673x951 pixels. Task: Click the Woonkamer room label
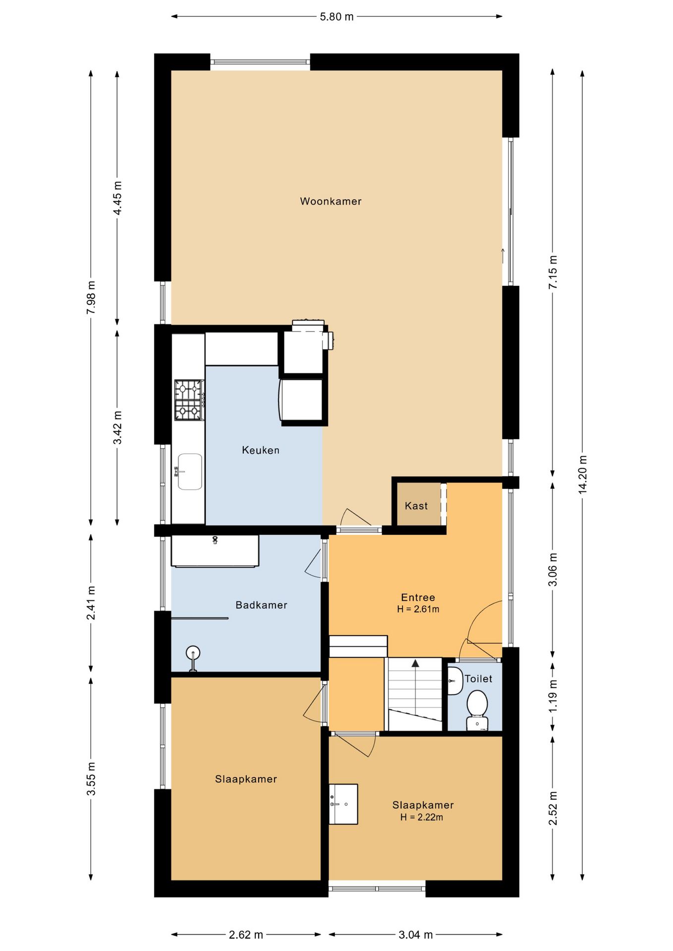tap(331, 201)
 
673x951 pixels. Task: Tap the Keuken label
tap(261, 450)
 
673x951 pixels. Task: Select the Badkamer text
tap(261, 605)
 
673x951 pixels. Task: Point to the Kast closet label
tap(416, 506)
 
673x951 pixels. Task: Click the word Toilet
tap(478, 679)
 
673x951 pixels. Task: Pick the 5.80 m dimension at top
tap(337, 17)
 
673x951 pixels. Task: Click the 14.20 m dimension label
tap(582, 475)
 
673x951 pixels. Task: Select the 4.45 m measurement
tap(117, 198)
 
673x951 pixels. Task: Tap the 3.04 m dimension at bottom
tap(416, 935)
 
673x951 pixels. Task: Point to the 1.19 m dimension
tap(553, 696)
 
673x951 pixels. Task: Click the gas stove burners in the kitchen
tap(189, 400)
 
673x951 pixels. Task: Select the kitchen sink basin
tap(190, 472)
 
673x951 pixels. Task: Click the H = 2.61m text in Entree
tap(418, 609)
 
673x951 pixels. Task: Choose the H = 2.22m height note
tap(422, 817)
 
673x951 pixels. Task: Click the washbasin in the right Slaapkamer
tap(343, 804)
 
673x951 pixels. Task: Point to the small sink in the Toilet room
tap(455, 681)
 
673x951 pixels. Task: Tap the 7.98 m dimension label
tap(91, 297)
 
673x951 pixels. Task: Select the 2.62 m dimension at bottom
tap(246, 935)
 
